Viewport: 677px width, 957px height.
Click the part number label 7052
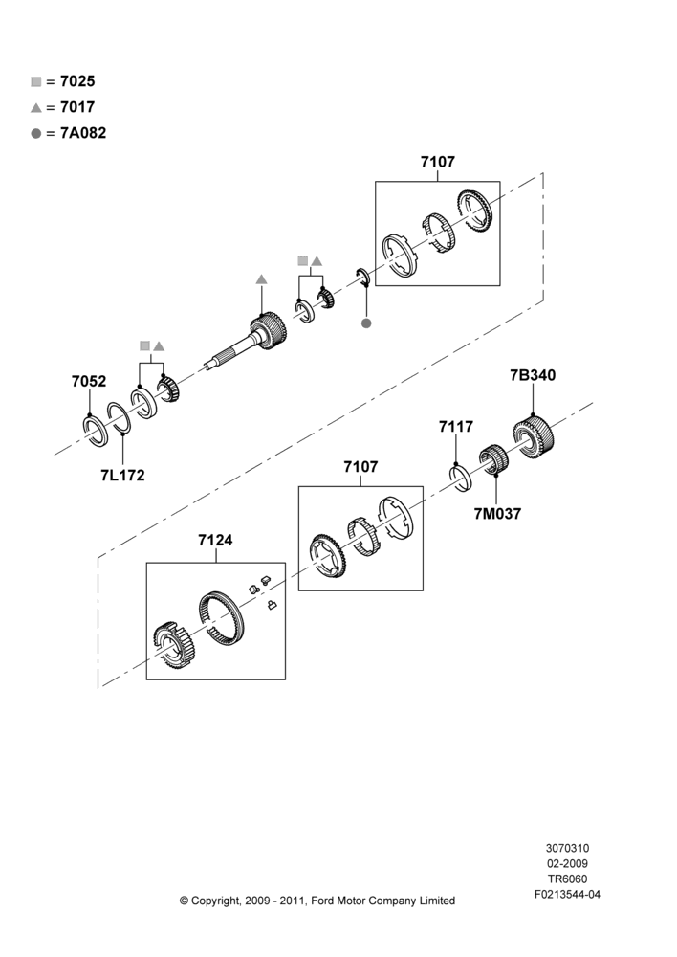pos(89,382)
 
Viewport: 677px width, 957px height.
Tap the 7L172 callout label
pos(122,476)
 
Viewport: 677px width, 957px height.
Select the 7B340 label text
pos(533,375)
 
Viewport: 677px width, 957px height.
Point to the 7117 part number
pos(456,427)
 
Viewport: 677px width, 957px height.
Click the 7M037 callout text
pos(497,514)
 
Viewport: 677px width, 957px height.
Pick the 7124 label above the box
pos(215,540)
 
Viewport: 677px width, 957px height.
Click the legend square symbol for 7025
pos(36,81)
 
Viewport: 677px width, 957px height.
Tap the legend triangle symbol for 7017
pos(36,108)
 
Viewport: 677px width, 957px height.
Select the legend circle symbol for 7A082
pos(36,134)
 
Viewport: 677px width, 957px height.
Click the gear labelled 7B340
pos(533,436)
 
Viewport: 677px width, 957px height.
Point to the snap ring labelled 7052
pos(96,431)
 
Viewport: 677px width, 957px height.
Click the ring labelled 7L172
pos(119,418)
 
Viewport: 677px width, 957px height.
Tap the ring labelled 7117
pos(461,478)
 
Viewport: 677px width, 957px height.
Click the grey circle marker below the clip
pos(366,323)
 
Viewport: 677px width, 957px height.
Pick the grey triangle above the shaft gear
pos(262,279)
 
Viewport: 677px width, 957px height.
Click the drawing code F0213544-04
pos(567,895)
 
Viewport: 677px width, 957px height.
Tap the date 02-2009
pos(567,863)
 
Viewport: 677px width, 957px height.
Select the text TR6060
pos(567,879)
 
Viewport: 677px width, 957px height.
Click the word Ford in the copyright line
pos(323,901)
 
